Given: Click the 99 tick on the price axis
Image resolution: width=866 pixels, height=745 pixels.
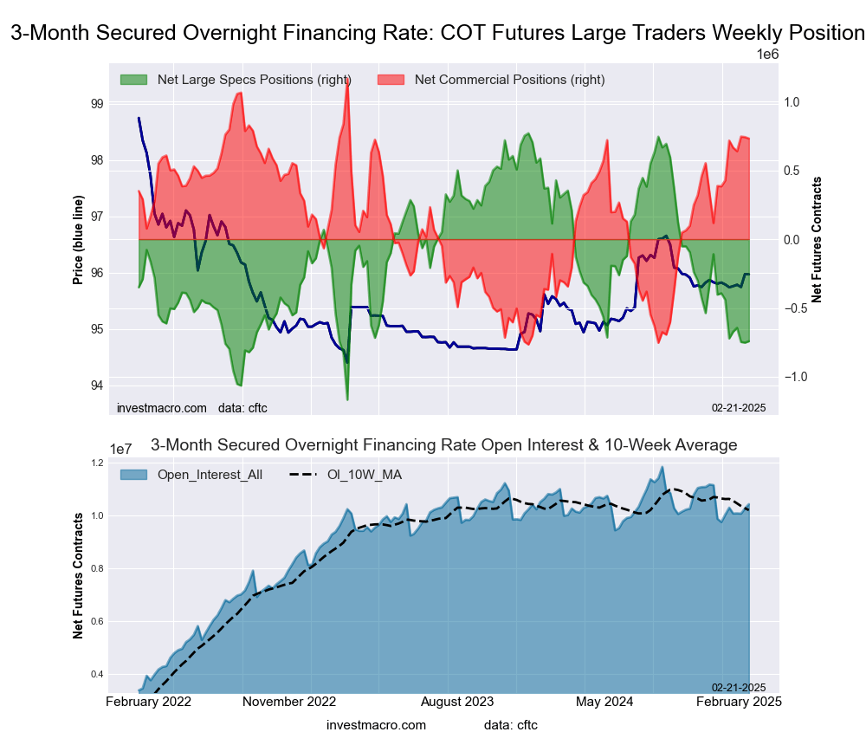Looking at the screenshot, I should coord(96,104).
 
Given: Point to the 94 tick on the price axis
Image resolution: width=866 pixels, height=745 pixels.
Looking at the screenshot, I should coord(96,385).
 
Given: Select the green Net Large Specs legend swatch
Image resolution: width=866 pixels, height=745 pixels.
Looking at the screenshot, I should coord(133,80).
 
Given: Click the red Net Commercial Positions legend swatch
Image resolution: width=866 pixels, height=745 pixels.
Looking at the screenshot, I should coord(391,80).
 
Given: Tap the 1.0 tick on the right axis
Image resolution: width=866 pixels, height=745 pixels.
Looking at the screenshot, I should coord(792,102).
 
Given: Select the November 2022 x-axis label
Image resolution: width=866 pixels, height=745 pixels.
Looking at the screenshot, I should coord(289,701).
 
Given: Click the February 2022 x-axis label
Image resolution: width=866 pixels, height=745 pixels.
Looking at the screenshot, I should coord(148,701).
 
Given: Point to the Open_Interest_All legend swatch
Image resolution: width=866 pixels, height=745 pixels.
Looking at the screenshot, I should coord(133,474).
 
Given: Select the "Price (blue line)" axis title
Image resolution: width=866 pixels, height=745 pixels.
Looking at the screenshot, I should coord(78,240).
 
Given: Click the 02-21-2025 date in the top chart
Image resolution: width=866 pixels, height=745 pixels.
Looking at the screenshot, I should coord(740,407).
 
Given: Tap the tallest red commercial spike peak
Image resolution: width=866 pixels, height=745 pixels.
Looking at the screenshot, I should coord(347,81).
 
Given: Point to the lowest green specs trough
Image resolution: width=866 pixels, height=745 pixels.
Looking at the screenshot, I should coord(347,399).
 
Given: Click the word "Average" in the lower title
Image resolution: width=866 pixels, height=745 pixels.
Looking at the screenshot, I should coord(697,445).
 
